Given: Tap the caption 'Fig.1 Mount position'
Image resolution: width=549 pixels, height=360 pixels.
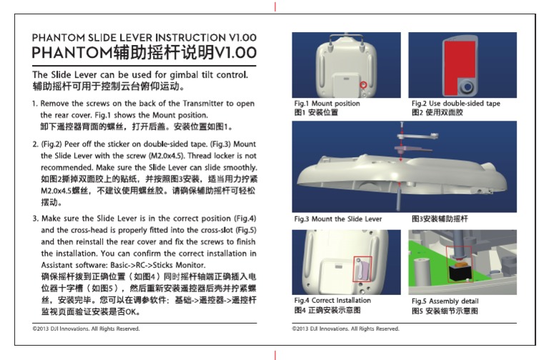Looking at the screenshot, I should pyautogui.click(x=327, y=104).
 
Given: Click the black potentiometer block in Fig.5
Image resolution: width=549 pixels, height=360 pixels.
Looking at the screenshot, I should pyautogui.click(x=458, y=272).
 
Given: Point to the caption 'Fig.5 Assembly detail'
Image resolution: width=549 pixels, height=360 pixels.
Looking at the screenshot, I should pyautogui.click(x=445, y=301).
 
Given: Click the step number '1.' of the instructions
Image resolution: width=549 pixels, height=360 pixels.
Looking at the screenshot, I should pyautogui.click(x=35, y=104).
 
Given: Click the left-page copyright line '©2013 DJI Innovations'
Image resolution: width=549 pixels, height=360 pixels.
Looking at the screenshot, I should pyautogui.click(x=86, y=329).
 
